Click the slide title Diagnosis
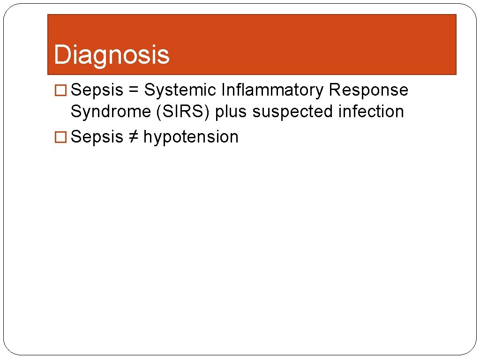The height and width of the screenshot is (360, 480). click(112, 54)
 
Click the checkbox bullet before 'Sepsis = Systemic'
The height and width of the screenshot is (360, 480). click(60, 90)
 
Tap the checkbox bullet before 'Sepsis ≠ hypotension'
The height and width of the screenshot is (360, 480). click(60, 137)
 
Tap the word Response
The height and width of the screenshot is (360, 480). click(368, 90)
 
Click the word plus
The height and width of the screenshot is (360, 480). click(231, 112)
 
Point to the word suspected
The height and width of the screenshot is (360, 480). click(292, 112)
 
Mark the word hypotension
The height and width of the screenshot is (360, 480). click(191, 137)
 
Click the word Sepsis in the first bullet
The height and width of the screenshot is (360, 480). click(97, 90)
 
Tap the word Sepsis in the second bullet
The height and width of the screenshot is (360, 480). click(97, 137)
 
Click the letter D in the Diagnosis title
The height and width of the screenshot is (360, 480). click(61, 54)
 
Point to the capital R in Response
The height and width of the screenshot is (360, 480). click(334, 90)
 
